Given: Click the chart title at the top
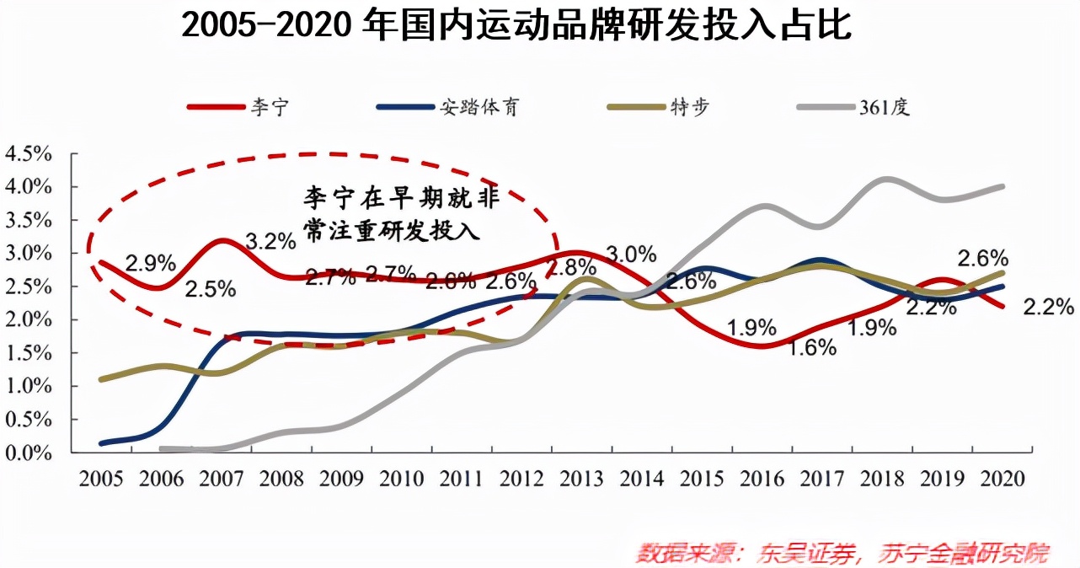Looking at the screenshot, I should point(516,26).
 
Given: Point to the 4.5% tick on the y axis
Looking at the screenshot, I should point(29,154).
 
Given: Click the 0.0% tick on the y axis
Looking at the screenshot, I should point(29,453).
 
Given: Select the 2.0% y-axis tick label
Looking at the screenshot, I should point(29,320).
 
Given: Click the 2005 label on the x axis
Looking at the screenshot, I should point(99,480).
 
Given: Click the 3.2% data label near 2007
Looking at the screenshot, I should point(271,241).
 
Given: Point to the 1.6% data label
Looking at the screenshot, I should point(813,346).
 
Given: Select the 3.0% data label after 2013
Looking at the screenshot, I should point(632,252).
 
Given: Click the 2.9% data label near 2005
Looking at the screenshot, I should point(150,261).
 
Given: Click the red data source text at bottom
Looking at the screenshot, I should point(842,553).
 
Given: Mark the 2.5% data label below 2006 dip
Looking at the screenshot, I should point(211,290).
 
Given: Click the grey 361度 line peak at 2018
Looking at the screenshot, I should point(885,180).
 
